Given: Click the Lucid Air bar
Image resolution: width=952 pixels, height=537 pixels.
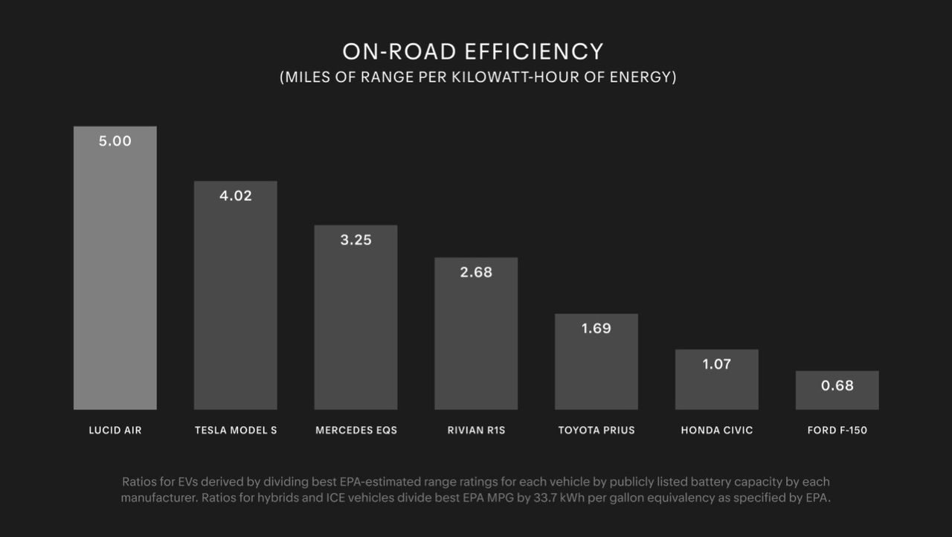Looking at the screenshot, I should pyautogui.click(x=115, y=283).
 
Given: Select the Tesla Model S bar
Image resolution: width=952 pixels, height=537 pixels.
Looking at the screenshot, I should pyautogui.click(x=236, y=305).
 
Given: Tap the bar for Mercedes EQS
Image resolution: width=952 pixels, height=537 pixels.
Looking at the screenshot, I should pyautogui.click(x=356, y=327).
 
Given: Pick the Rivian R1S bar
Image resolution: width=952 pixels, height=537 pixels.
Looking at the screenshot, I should pyautogui.click(x=476, y=342).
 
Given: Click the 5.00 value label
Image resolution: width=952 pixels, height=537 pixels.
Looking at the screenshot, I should pyautogui.click(x=115, y=141).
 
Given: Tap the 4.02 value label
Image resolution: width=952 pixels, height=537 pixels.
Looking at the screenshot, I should pyautogui.click(x=236, y=196).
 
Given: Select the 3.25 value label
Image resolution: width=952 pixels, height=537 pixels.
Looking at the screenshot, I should pyautogui.click(x=356, y=240).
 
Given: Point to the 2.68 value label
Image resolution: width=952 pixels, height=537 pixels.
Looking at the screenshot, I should pyautogui.click(x=476, y=272).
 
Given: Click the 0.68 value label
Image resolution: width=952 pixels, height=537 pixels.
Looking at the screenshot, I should pyautogui.click(x=837, y=386).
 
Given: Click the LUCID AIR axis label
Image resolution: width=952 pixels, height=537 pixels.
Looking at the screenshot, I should pyautogui.click(x=115, y=431).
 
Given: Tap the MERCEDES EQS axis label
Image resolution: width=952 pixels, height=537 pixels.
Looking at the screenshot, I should pyautogui.click(x=356, y=431).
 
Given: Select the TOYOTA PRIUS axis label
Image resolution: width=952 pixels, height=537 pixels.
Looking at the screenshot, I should pyautogui.click(x=596, y=431).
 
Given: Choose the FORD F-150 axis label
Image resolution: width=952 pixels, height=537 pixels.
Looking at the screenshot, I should pyautogui.click(x=837, y=431).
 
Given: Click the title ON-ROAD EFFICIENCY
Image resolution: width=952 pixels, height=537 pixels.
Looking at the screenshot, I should pyautogui.click(x=473, y=51).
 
